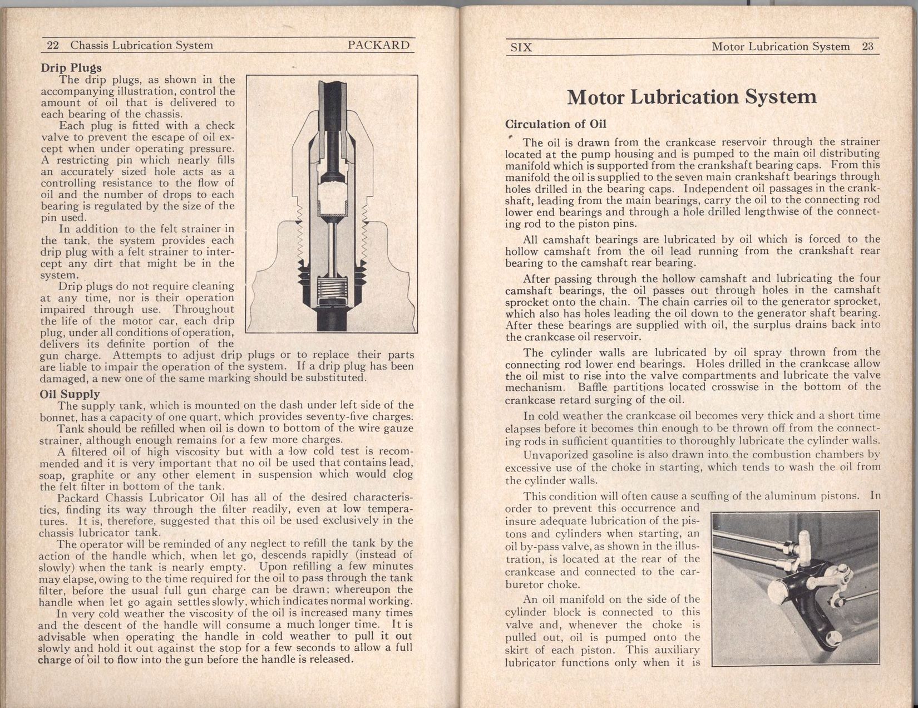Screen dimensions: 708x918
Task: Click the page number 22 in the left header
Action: coord(53,46)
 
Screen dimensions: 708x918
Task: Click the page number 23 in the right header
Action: coord(868,47)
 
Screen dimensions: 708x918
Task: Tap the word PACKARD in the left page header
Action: coord(378,45)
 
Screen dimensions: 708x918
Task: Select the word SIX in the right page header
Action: coord(521,47)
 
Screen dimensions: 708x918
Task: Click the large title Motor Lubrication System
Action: coord(692,97)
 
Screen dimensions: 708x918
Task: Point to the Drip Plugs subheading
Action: coord(71,68)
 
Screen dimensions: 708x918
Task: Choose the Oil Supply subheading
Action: coord(71,394)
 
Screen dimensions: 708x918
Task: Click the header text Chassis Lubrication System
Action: coord(142,46)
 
